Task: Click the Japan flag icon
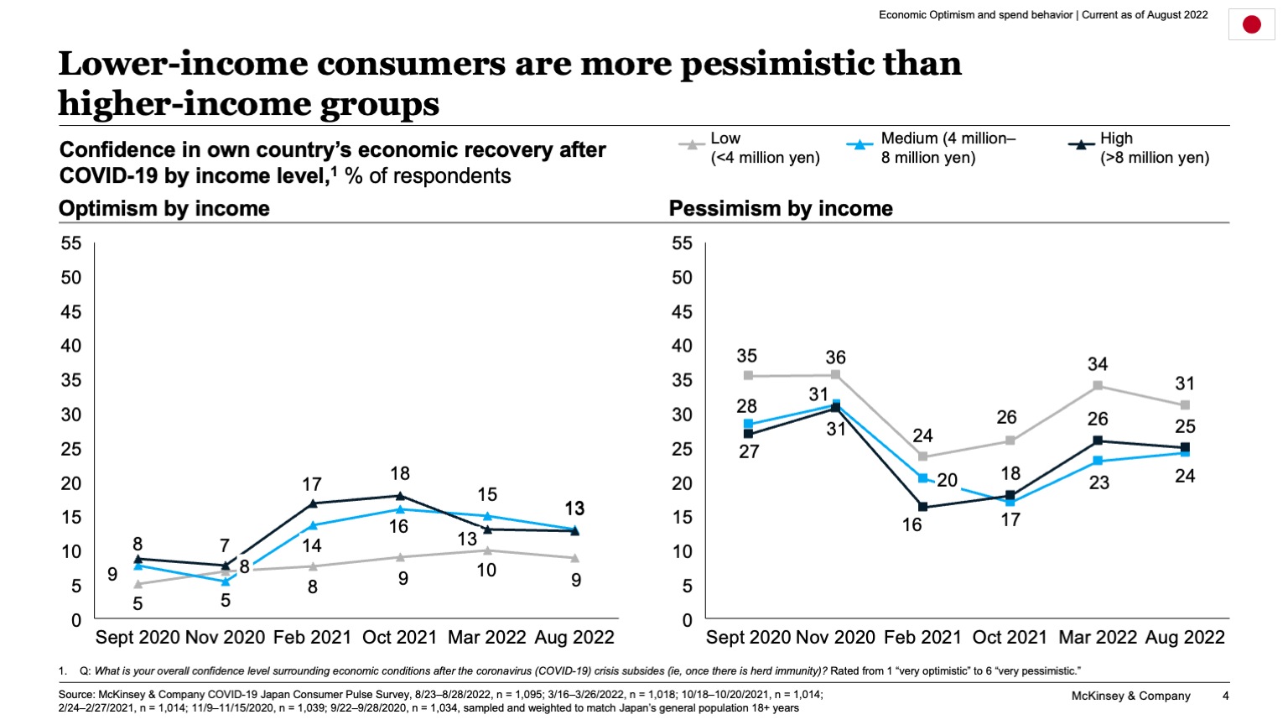tap(1251, 24)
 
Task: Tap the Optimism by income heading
tap(164, 209)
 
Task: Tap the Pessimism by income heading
tap(781, 209)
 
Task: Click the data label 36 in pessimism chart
tap(835, 357)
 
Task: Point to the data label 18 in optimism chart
tap(400, 474)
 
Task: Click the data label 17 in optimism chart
tap(312, 485)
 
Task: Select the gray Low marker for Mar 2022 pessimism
tap(1098, 386)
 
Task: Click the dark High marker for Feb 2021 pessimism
tap(922, 507)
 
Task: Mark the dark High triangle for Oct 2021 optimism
tap(400, 496)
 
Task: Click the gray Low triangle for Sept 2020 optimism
tap(138, 584)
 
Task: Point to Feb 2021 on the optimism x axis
tap(312, 638)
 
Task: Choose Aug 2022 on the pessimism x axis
tap(1185, 638)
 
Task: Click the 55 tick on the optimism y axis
tap(71, 243)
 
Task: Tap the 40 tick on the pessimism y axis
tap(682, 346)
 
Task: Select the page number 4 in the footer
tap(1225, 696)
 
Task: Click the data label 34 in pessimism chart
tap(1098, 364)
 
